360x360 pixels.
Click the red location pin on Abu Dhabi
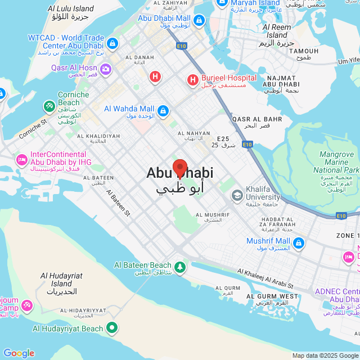click(179, 168)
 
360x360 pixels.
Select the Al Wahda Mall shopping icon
click(163, 110)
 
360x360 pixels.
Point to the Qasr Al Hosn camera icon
click(107, 69)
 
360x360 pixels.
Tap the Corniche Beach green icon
click(49, 105)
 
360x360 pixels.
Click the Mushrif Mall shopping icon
click(299, 244)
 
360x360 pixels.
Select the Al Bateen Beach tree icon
click(180, 267)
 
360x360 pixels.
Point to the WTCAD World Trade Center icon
click(112, 43)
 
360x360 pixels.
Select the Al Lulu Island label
click(71, 9)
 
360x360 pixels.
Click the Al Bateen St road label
click(119, 202)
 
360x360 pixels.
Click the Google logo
click(19, 353)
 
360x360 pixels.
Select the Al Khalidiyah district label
click(99, 136)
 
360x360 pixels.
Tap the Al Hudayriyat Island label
click(61, 280)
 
